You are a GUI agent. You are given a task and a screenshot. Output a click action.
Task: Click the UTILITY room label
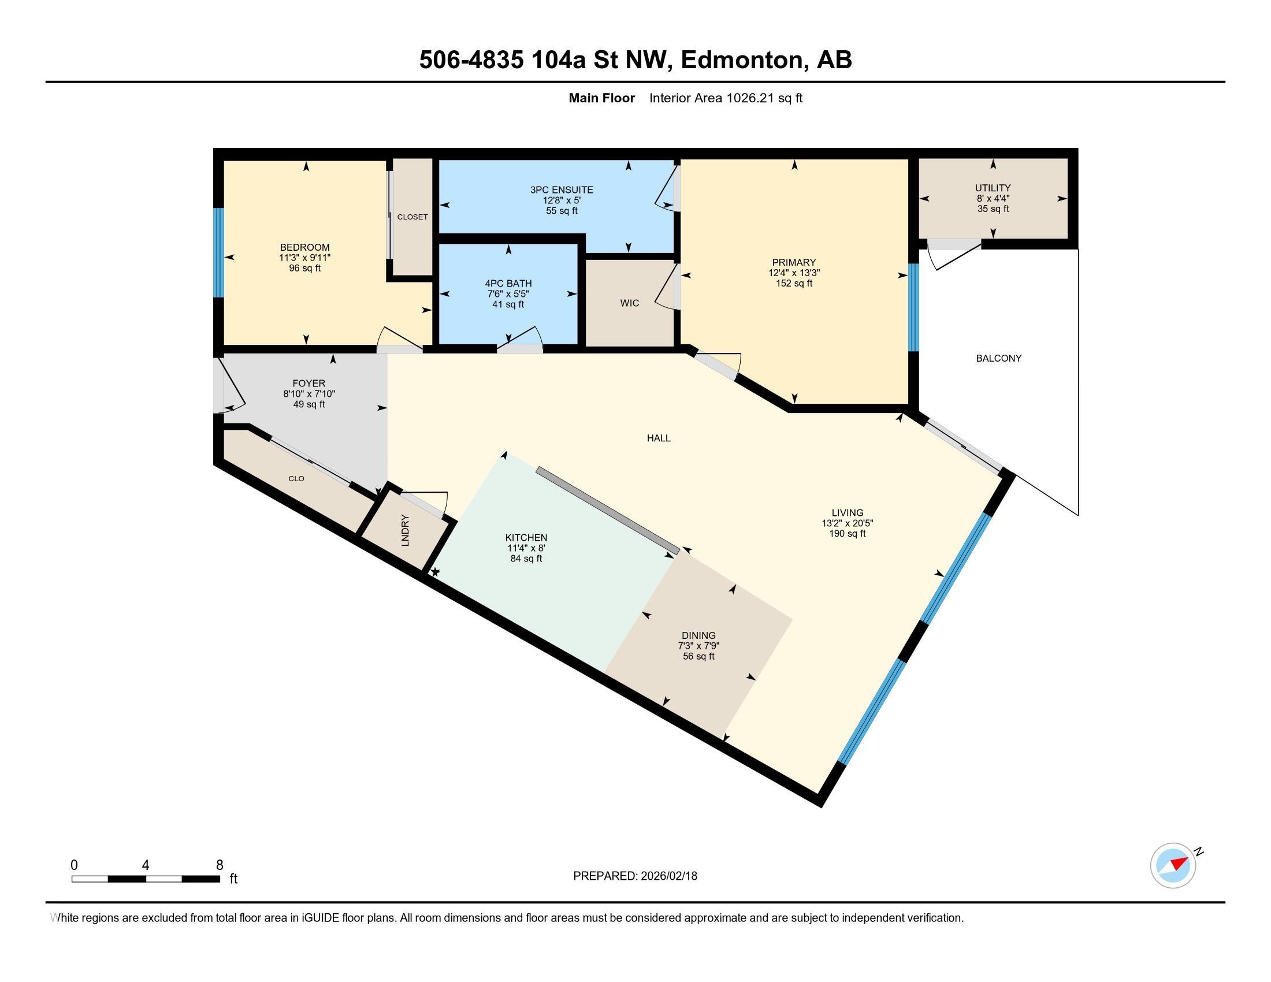click(993, 188)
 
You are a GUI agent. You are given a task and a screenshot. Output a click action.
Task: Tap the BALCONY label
click(999, 358)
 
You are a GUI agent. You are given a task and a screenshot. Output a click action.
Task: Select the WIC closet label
click(629, 303)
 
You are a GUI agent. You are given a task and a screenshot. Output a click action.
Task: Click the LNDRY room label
click(406, 530)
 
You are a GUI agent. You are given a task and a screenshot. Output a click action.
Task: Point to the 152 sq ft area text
click(794, 283)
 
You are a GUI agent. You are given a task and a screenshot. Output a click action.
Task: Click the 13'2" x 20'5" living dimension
click(847, 523)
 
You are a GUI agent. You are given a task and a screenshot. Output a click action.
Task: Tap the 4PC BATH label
click(508, 283)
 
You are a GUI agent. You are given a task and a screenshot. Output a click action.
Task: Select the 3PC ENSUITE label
click(561, 189)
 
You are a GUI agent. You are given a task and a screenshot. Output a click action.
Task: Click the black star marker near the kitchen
click(434, 572)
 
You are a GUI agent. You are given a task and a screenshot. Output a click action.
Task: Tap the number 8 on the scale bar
click(220, 865)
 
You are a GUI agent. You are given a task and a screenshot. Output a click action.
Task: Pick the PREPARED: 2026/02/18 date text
click(635, 876)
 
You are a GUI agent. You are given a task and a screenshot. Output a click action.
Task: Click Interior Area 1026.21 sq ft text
click(725, 98)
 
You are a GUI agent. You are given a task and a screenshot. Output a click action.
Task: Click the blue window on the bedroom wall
click(218, 253)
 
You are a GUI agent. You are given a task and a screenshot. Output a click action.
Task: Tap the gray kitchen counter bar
click(608, 510)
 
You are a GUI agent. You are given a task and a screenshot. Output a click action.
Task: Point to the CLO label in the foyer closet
click(296, 478)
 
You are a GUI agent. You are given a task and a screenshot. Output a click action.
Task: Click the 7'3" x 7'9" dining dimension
click(698, 646)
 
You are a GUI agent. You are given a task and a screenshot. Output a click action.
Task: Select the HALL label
click(658, 438)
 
